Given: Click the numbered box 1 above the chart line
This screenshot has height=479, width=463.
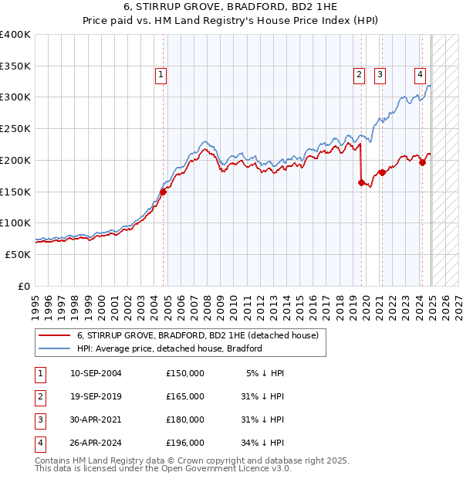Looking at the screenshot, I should [x=161, y=75].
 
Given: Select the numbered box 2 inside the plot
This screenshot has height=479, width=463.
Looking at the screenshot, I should [x=360, y=75].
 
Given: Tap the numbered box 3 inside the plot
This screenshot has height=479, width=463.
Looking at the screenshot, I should [x=380, y=75].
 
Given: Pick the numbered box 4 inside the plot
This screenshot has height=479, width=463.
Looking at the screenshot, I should [x=420, y=75].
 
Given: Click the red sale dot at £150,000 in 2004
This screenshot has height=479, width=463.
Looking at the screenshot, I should [x=164, y=192].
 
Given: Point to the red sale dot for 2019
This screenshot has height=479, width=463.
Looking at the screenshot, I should [x=361, y=182].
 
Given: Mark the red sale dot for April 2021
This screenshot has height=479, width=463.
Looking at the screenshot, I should [x=382, y=172].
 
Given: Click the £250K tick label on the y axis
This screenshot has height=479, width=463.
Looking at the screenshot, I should [x=15, y=128].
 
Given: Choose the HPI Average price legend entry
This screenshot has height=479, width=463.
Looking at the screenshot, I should [x=170, y=348].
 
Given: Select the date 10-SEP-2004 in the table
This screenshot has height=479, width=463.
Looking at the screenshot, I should [x=96, y=373].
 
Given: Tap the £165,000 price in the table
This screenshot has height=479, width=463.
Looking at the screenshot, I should [x=185, y=396].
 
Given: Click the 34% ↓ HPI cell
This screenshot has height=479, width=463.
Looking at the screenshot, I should [x=262, y=443].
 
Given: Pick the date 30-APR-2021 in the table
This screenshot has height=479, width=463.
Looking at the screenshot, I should [x=96, y=420].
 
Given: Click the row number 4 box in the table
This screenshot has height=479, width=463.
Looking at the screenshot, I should [x=38, y=443].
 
